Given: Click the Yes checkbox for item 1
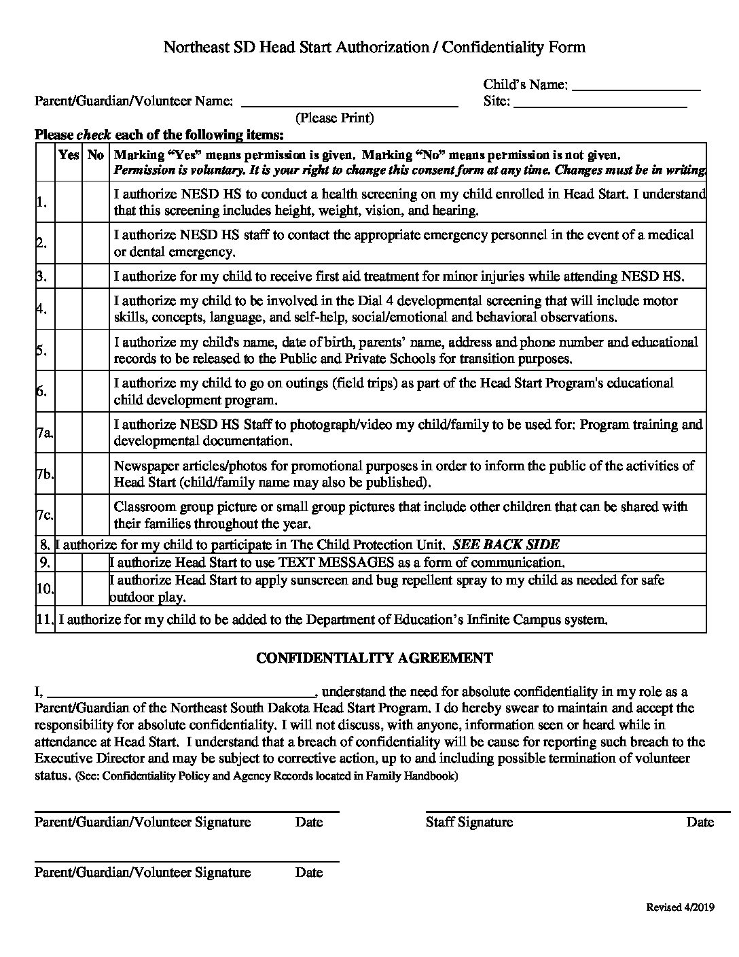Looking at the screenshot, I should tap(69, 202).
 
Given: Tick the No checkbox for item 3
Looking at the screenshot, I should tap(96, 277).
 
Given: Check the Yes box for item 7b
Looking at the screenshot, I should tap(69, 474).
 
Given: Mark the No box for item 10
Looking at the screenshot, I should tap(96, 589).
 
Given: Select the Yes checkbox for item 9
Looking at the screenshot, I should tap(69, 563).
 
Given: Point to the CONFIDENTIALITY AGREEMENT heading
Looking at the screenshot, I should tap(374, 658).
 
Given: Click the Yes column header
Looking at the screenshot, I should tap(69, 155).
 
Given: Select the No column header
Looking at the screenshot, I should tap(96, 155).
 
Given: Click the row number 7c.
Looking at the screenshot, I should tap(45, 515).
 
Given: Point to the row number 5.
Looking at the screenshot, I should tap(42, 351).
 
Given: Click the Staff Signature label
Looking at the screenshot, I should tap(469, 822).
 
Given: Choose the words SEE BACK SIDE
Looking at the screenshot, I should tap(506, 544).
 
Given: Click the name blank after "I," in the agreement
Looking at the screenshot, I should tap(181, 693).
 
